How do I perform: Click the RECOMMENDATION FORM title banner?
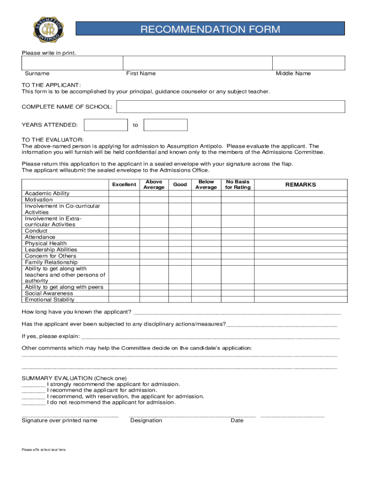click(210, 30)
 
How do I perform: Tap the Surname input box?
click(72, 63)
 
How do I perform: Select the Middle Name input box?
click(308, 63)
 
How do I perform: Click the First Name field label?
click(141, 73)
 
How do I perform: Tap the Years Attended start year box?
click(105, 125)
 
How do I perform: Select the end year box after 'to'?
click(165, 125)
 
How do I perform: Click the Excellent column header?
click(124, 185)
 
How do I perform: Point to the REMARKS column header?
click(300, 185)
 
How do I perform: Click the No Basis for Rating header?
click(238, 185)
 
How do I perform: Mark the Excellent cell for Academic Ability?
click(124, 194)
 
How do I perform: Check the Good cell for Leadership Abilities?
click(180, 250)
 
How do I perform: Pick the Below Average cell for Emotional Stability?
click(206, 300)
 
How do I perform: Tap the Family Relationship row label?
click(51, 262)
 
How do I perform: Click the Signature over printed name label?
click(59, 421)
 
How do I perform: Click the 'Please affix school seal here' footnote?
click(44, 450)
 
